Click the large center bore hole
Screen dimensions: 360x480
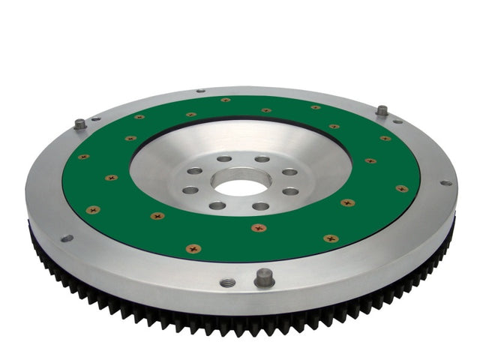pos(241,182)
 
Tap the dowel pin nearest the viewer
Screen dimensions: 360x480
pos(264,277)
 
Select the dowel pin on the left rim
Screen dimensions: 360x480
pos(80,124)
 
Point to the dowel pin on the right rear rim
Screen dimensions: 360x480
pos(382,110)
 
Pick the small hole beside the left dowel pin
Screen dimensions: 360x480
pos(95,118)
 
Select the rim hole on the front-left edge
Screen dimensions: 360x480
pos(67,238)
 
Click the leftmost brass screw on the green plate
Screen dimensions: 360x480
pos(83,157)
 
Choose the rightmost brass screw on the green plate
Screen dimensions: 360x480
pos(401,188)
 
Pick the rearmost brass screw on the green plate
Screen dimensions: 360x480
pos(225,100)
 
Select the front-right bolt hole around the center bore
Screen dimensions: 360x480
pos(260,206)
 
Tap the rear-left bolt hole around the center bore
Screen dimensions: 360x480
pos(224,159)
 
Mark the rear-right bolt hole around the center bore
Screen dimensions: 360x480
pos(262,159)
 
